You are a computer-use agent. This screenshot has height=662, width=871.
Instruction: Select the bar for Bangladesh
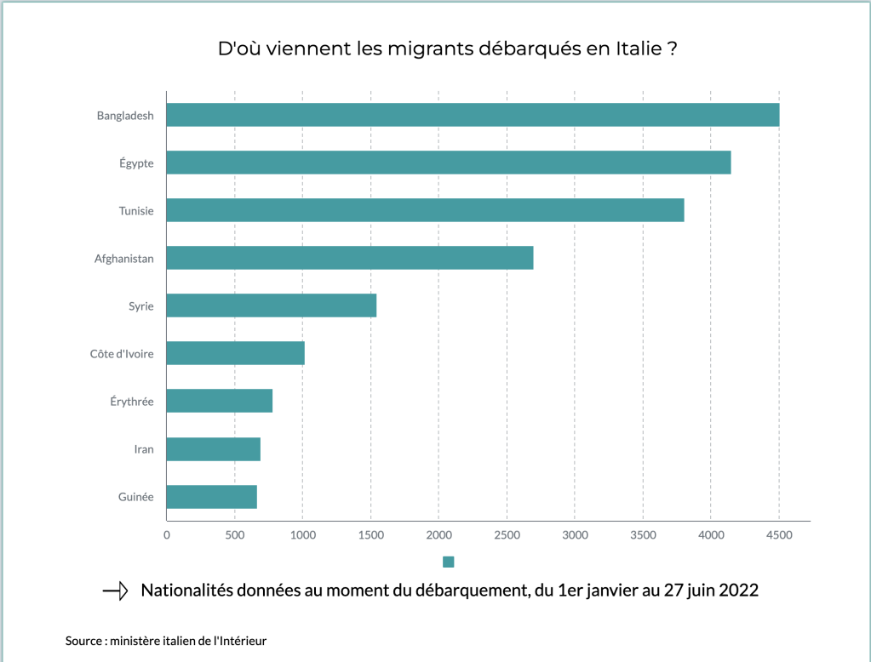473,115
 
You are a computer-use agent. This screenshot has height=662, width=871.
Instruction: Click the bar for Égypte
449,163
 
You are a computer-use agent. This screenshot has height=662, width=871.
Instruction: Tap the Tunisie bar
425,210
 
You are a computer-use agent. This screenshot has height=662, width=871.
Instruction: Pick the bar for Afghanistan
350,258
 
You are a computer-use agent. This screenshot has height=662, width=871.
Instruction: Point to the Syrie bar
271,305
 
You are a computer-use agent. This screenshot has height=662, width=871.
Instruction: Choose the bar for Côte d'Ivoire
235,353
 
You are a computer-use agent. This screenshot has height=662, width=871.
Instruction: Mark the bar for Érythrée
219,401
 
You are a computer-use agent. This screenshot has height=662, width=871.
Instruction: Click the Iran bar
213,448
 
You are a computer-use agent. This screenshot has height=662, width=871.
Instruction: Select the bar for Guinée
211,496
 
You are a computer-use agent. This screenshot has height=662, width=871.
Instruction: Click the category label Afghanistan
124,259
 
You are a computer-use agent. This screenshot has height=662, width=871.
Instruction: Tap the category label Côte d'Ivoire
122,354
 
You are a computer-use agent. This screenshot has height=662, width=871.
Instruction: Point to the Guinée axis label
135,497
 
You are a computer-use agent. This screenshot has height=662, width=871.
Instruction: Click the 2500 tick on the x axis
507,535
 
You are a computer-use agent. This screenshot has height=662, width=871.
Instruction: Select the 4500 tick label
779,535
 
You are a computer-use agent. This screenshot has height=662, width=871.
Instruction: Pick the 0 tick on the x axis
167,535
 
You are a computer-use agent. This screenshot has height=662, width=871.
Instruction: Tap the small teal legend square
449,562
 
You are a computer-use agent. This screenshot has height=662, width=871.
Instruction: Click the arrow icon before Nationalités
115,591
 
